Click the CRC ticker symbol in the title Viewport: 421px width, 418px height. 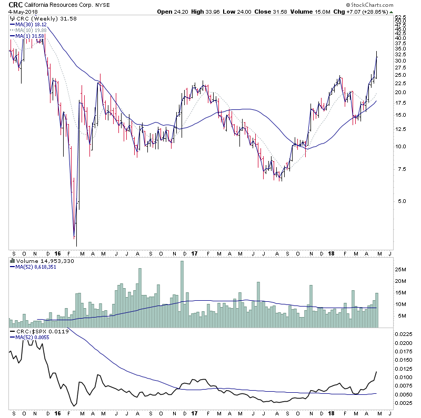(15, 5)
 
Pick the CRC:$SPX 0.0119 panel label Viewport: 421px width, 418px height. (35, 332)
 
